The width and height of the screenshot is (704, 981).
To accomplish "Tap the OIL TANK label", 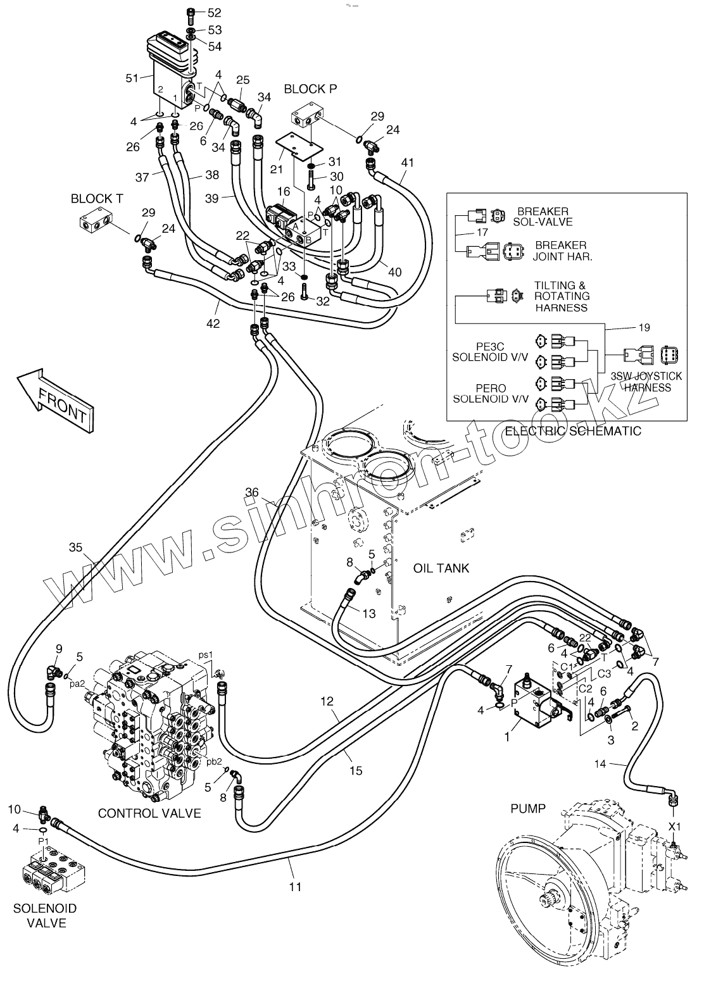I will [x=441, y=568].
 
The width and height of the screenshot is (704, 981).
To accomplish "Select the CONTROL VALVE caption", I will [x=149, y=813].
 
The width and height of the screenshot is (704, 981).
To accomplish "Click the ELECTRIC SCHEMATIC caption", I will [x=572, y=431].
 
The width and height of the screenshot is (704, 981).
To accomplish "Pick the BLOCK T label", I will [x=97, y=198].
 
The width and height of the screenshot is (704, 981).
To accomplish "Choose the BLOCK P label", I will [x=310, y=89].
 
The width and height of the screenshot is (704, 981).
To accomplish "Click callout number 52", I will [x=215, y=13].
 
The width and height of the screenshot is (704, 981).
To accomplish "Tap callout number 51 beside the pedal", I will [x=132, y=78].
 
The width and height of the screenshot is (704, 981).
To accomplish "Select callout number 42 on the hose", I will [x=213, y=323].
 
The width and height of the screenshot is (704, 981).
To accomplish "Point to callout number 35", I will [x=75, y=547].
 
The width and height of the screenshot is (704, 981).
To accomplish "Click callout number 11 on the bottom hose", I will [x=295, y=887].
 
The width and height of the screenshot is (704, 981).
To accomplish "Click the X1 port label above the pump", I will [x=676, y=826].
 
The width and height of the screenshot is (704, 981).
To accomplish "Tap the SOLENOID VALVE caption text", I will [x=45, y=916].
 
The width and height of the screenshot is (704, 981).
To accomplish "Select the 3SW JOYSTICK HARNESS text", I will [x=646, y=382].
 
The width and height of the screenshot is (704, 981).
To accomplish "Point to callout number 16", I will [x=283, y=191].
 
